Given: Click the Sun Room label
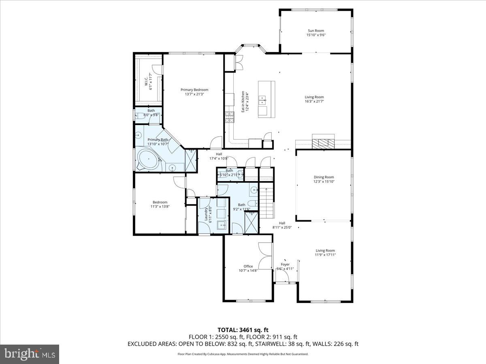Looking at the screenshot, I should (316, 33).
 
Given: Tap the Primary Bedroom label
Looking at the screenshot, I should (194, 92).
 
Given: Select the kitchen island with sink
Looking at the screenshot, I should (266, 99).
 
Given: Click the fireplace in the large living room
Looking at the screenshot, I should (323, 142).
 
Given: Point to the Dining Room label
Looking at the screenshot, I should (324, 179).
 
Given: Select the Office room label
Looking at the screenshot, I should (248, 269).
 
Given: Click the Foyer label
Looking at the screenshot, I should (285, 266).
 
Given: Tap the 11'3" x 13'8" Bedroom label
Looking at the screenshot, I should (160, 204).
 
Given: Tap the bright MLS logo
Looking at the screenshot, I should (30, 354).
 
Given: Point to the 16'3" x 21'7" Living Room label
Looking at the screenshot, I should (314, 99).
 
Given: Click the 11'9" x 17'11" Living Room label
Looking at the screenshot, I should (325, 252).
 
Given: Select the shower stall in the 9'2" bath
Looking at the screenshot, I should (252, 222).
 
